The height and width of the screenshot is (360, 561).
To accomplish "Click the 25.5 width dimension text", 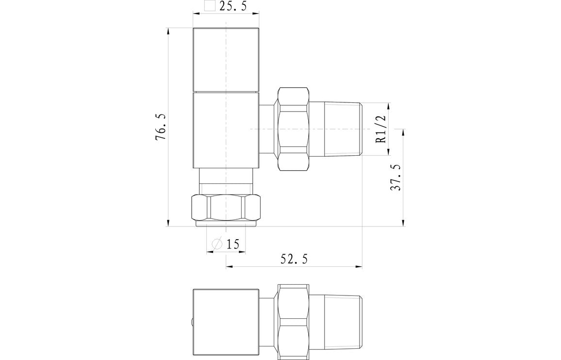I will click(233, 7).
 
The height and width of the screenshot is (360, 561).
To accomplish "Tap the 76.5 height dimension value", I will click(161, 128).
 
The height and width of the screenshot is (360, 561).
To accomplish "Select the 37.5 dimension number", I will click(396, 177).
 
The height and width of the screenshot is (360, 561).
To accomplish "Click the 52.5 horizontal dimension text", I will click(294, 260).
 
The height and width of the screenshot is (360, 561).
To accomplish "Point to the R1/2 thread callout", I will click(380, 129).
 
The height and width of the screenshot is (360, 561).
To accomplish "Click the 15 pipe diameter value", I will click(233, 244).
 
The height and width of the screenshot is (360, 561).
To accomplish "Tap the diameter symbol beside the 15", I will click(217, 244).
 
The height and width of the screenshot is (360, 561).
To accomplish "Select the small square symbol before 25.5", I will click(210, 6).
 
